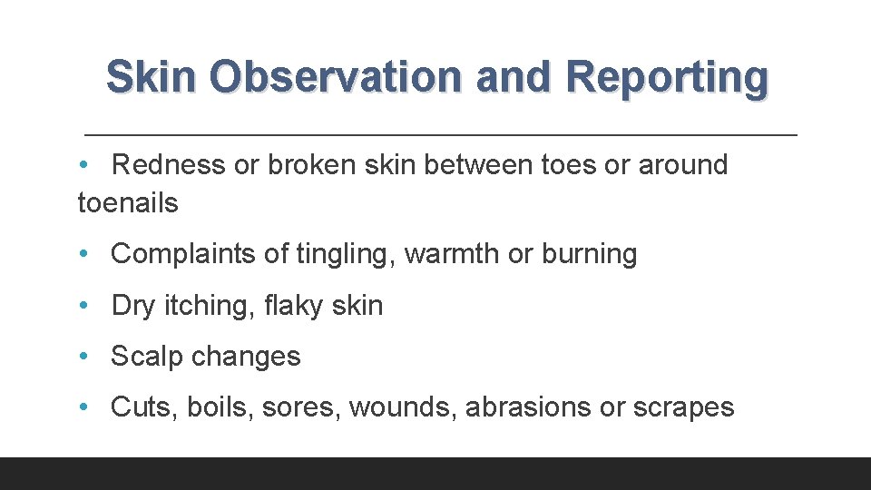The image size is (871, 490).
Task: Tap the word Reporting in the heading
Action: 666,77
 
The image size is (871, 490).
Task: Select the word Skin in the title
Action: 150,77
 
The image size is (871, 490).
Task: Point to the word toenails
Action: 128,203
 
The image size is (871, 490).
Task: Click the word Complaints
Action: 183,254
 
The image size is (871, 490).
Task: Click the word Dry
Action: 133,306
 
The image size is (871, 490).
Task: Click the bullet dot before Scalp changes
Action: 83,357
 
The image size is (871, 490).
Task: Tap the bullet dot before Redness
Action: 83,165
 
